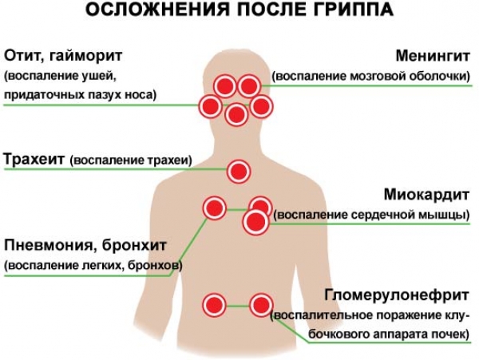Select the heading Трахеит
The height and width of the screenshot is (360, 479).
[34, 159]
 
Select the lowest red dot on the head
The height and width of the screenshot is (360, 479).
[236, 115]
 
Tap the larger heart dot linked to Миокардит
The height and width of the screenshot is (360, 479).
[255, 223]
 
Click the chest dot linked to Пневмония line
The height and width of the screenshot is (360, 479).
[213, 208]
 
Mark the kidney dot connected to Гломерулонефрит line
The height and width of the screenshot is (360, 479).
[260, 304]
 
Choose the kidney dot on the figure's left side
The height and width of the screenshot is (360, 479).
[213, 304]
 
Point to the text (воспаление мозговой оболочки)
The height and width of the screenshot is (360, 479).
[371, 77]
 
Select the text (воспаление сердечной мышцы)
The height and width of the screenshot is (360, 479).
[370, 216]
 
